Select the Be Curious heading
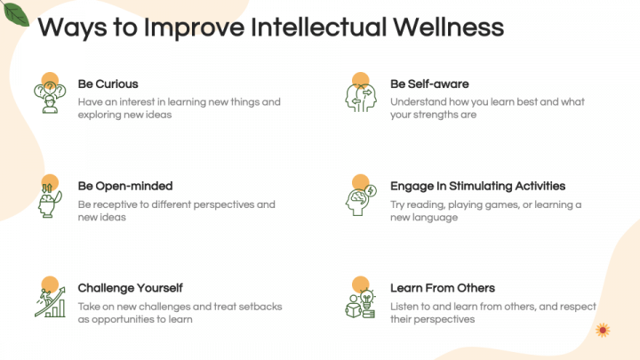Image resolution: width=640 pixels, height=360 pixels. [108, 84]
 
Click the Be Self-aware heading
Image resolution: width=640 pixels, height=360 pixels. [429, 84]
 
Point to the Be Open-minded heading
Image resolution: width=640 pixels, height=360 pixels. [124, 187]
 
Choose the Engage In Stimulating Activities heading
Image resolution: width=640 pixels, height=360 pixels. [477, 187]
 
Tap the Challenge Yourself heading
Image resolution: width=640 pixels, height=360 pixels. [130, 288]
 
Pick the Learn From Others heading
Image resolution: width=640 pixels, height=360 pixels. [443, 288]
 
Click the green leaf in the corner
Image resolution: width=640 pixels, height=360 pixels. [16, 12]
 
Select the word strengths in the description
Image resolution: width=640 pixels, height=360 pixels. [434, 115]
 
